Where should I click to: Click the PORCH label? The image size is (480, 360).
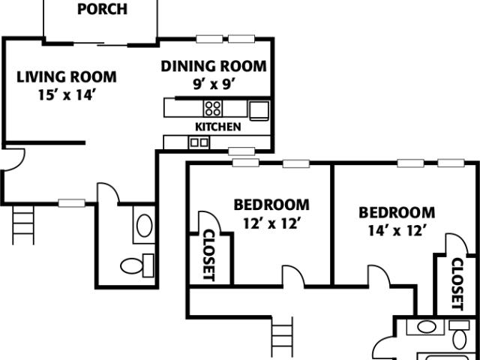[102, 10]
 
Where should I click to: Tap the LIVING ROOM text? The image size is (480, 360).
[67, 76]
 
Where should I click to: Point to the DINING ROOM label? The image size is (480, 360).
[213, 66]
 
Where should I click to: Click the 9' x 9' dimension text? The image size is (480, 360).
[213, 84]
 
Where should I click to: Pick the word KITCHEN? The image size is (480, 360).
[218, 127]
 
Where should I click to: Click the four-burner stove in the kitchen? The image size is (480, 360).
[213, 107]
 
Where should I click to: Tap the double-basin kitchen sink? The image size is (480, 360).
[200, 141]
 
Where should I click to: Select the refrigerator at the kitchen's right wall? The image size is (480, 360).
[259, 110]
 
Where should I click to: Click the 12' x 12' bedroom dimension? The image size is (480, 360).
[271, 222]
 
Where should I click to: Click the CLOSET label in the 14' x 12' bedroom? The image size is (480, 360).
[457, 284]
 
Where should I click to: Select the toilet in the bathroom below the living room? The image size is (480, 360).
[136, 265]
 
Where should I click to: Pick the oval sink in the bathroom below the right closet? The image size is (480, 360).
[425, 327]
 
